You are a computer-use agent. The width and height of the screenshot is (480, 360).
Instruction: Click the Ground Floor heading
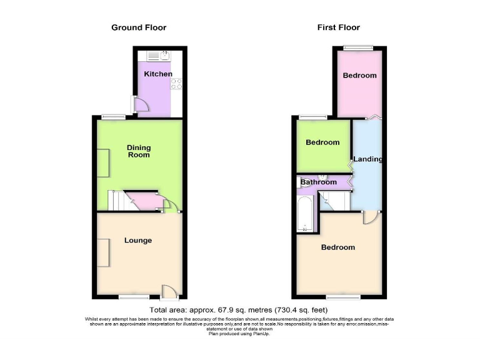(x=139, y=27)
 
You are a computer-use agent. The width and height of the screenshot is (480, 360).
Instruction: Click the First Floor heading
(x=339, y=27)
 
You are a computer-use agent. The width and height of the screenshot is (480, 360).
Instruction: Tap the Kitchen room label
(x=158, y=74)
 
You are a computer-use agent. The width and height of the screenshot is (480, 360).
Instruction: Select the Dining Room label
(x=139, y=151)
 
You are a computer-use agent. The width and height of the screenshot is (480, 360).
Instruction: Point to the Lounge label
(x=138, y=241)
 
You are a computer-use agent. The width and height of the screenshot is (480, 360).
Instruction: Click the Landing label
(x=367, y=159)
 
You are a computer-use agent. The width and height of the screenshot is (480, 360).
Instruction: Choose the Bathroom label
(x=319, y=182)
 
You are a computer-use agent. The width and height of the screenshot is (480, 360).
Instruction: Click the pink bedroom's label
(x=359, y=76)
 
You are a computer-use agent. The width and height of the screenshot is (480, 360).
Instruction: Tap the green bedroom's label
(x=322, y=142)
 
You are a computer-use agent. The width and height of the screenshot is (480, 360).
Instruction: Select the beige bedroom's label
(x=337, y=247)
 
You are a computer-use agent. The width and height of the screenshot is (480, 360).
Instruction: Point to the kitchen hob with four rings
(x=176, y=84)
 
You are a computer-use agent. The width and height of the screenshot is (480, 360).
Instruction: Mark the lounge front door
(x=169, y=291)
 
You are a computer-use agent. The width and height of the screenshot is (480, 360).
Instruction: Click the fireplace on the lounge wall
(x=103, y=253)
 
